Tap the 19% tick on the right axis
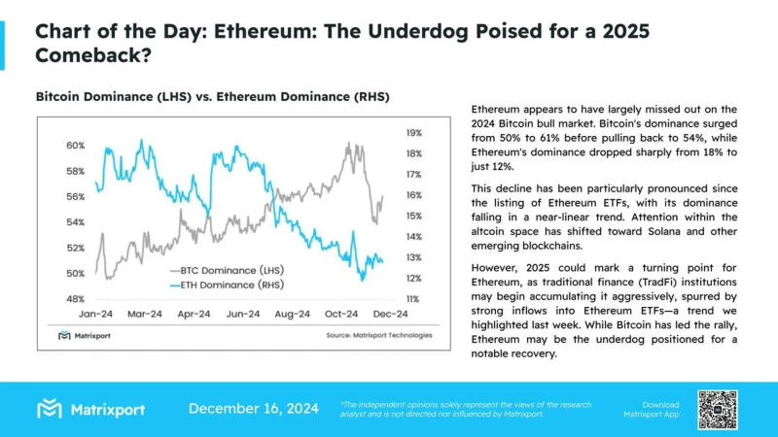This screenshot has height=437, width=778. point(413,133)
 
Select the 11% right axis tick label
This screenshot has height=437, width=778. point(413,299)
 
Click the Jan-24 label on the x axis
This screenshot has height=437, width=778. point(99,315)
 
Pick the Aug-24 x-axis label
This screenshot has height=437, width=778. point(292,315)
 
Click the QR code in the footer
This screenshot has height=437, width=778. point(718,409)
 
